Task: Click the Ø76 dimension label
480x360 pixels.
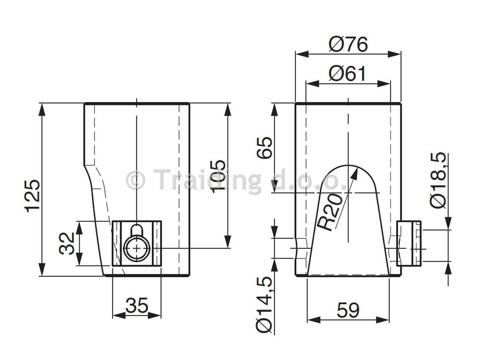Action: (348, 45)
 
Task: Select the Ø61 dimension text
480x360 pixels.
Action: (347, 74)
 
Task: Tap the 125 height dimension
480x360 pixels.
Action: (32, 196)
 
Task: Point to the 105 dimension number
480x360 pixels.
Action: (218, 176)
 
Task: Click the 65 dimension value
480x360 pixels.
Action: (264, 148)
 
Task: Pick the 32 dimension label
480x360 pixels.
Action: (67, 243)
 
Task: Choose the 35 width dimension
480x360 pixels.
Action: (137, 305)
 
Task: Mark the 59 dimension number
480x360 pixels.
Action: (348, 310)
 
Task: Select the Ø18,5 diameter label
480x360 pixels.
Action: (439, 180)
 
